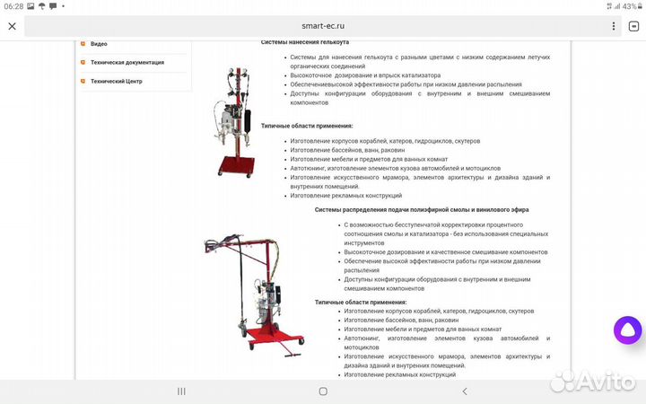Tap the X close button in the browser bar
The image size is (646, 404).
coord(12,26)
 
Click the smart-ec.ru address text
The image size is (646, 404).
coord(322,26)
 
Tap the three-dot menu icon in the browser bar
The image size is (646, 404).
coord(633,26)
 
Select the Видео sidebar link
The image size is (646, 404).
coord(99,43)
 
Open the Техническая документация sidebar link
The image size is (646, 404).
coord(127,62)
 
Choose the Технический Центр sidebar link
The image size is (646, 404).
coord(116,81)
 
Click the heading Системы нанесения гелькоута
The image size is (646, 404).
coord(305,42)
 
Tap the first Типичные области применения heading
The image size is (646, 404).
coord(307,126)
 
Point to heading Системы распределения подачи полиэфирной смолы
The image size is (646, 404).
coord(422,209)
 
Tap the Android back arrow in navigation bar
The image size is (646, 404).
coord(464,391)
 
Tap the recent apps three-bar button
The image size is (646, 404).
coord(181,391)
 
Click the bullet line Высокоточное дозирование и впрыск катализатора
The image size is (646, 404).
coord(365,75)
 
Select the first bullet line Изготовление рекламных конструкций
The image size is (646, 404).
coord(345,195)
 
